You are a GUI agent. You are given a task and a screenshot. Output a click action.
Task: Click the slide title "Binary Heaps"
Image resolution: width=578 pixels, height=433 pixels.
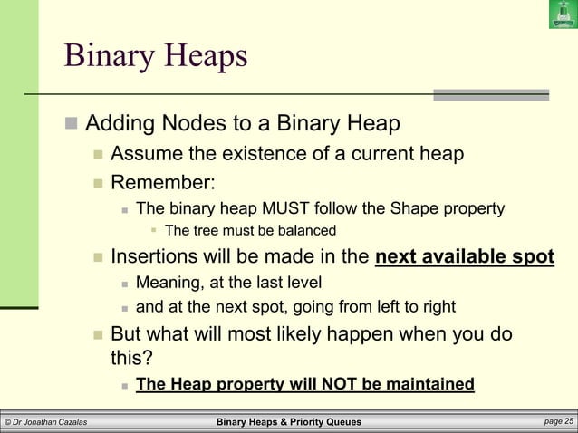[x=155, y=56]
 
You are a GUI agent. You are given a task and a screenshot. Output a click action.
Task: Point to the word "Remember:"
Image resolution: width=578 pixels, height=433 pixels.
[x=162, y=184]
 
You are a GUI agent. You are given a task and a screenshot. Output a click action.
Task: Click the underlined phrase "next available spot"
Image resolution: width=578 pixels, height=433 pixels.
[x=464, y=256]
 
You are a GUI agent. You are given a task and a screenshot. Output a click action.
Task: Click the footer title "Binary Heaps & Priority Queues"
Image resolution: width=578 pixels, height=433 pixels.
[x=289, y=422]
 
